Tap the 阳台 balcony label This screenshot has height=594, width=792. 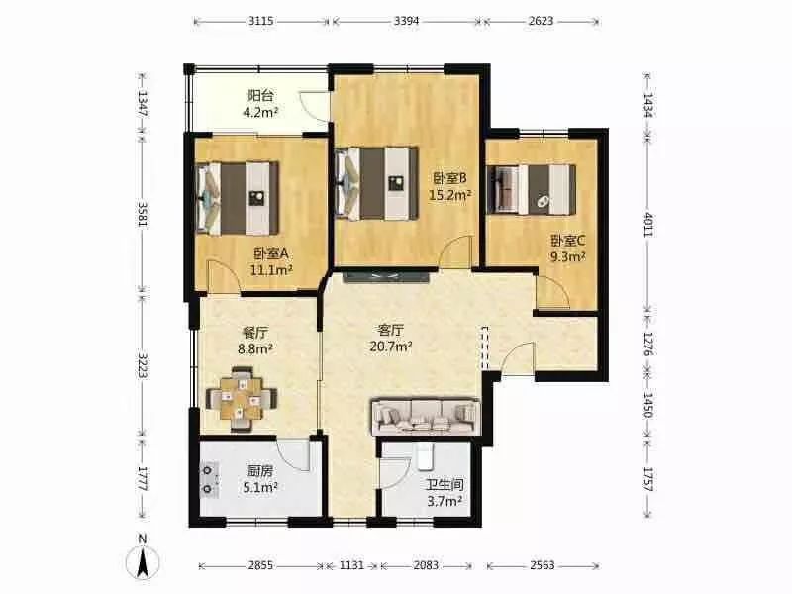(x=260, y=95)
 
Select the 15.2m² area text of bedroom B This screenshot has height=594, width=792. (x=450, y=195)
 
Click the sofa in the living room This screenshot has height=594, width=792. (x=426, y=417)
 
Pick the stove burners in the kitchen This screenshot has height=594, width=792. (x=208, y=480)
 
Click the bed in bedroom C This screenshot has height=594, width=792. (x=531, y=189)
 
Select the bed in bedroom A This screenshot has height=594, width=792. (x=238, y=199)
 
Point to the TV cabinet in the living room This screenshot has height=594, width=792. (x=386, y=276)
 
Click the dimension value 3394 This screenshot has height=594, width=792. (x=407, y=21)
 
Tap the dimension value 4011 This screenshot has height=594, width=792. (x=648, y=225)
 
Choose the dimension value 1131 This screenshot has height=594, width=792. (x=351, y=565)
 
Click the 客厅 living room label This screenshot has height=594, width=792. (x=390, y=331)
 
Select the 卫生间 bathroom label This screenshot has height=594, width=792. (x=445, y=485)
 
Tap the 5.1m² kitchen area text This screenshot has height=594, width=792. (x=260, y=487)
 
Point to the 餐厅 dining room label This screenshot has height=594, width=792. (x=255, y=333)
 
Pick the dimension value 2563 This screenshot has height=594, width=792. (x=543, y=565)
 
